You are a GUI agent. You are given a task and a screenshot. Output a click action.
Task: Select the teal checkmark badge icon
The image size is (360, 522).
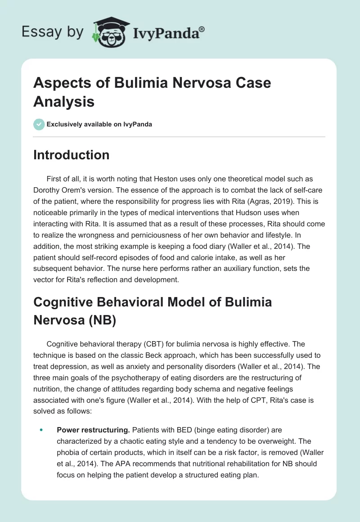[x=39, y=124]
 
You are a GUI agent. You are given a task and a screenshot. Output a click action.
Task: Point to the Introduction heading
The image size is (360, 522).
[x=72, y=155]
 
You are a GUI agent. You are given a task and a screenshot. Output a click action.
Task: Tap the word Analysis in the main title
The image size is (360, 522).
[x=64, y=101]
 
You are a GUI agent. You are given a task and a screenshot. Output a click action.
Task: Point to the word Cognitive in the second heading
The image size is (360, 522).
[x=66, y=301]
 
